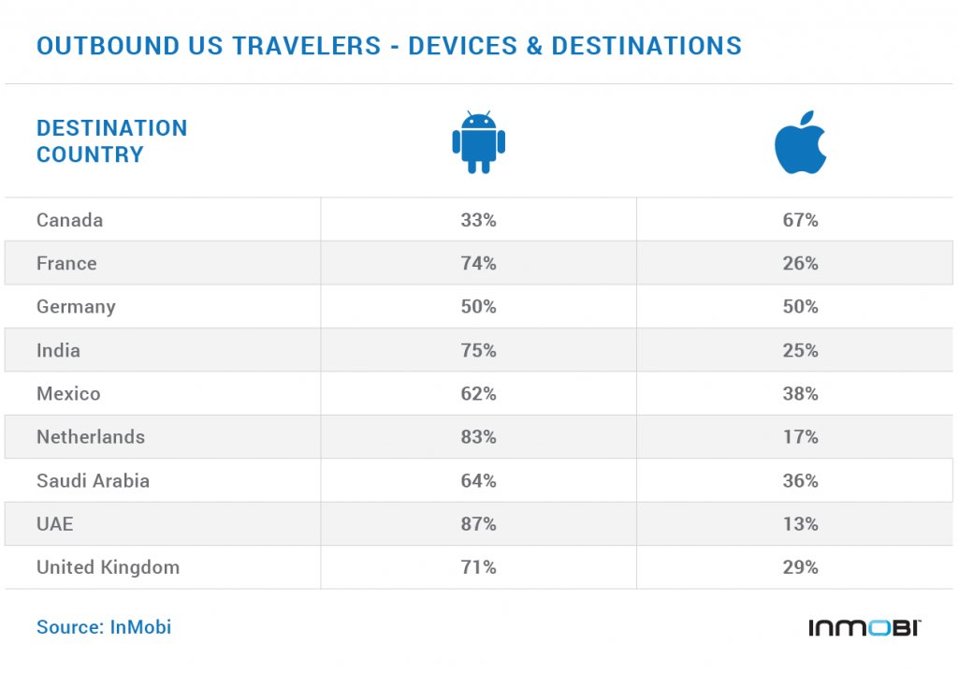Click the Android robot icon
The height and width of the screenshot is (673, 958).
478,142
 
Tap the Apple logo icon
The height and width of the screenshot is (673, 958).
800,142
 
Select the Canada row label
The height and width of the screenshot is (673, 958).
69,220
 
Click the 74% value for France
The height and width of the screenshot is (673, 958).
478,264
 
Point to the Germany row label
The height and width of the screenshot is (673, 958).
76,307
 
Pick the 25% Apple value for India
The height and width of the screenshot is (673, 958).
800,351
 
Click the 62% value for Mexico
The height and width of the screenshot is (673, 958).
478,394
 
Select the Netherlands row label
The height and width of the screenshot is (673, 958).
91,437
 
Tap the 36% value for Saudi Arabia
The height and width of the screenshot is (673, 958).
800,481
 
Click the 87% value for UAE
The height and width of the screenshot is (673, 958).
478,524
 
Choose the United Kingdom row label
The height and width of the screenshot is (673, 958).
108,567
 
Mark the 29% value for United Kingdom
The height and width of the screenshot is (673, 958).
800,567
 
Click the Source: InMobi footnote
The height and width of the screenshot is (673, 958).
104,627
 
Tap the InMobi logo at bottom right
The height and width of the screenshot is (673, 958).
864,627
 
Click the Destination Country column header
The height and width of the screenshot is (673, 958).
111,141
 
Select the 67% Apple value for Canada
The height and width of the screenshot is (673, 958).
800,220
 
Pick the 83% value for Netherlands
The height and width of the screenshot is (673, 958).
478,437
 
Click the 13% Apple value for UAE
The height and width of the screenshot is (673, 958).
800,524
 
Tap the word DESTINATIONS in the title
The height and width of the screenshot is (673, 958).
646,45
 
